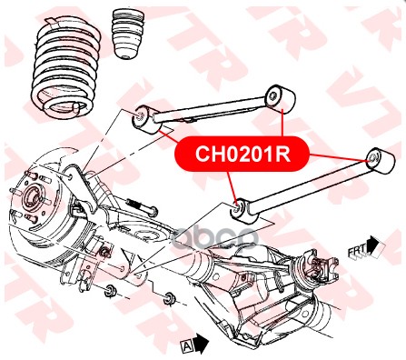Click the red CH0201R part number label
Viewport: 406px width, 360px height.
click(x=243, y=154)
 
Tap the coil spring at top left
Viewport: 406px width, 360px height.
click(x=66, y=68)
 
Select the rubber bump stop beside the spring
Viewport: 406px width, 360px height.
click(x=127, y=35)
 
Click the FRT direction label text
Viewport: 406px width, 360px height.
click(x=357, y=251)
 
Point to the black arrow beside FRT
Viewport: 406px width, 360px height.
click(x=375, y=245)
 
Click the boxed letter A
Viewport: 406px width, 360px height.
click(x=187, y=346)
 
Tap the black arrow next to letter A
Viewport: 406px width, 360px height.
click(x=201, y=343)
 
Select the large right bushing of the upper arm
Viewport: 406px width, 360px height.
click(x=280, y=99)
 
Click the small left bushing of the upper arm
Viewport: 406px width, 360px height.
click(x=145, y=120)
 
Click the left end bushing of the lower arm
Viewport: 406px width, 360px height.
click(x=244, y=210)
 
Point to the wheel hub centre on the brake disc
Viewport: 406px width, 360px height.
click(x=33, y=197)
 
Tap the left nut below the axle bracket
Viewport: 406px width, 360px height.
click(x=108, y=291)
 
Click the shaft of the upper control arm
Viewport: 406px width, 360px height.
click(x=209, y=110)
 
